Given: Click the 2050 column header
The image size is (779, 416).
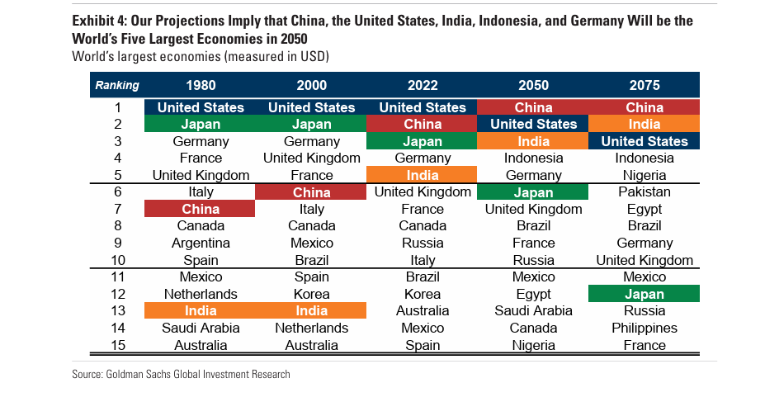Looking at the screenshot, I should pyautogui.click(x=533, y=85).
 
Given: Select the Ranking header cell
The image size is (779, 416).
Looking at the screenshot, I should pyautogui.click(x=117, y=85).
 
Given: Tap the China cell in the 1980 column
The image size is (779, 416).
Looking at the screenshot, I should pyautogui.click(x=201, y=209).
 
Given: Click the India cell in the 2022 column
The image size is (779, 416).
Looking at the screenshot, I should pyautogui.click(x=423, y=175).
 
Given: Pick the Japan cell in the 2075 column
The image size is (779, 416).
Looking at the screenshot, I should pyautogui.click(x=644, y=294).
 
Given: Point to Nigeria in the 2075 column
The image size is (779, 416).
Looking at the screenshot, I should pyautogui.click(x=644, y=175).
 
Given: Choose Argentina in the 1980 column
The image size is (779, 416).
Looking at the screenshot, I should pyautogui.click(x=201, y=243).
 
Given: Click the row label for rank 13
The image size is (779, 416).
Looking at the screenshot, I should pyautogui.click(x=117, y=310).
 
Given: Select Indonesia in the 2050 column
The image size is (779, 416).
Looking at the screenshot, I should pyautogui.click(x=533, y=158).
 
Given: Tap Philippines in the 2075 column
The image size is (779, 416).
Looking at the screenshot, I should pyautogui.click(x=644, y=328).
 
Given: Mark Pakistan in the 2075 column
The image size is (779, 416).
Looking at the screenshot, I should pyautogui.click(x=644, y=191).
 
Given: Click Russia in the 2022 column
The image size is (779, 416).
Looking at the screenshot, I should pyautogui.click(x=423, y=243).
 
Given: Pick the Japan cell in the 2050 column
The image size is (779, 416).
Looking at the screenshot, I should pyautogui.click(x=533, y=191).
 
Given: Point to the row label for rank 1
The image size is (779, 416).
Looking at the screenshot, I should pyautogui.click(x=117, y=107).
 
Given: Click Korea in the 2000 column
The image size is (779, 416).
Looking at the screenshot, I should pyautogui.click(x=311, y=294).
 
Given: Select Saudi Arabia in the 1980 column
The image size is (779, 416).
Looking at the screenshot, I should pyautogui.click(x=201, y=328).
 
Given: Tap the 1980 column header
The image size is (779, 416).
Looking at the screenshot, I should pyautogui.click(x=201, y=85).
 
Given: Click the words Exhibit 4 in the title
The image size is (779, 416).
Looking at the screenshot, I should pyautogui.click(x=100, y=20).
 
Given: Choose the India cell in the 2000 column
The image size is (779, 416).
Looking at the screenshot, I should pyautogui.click(x=311, y=310).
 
